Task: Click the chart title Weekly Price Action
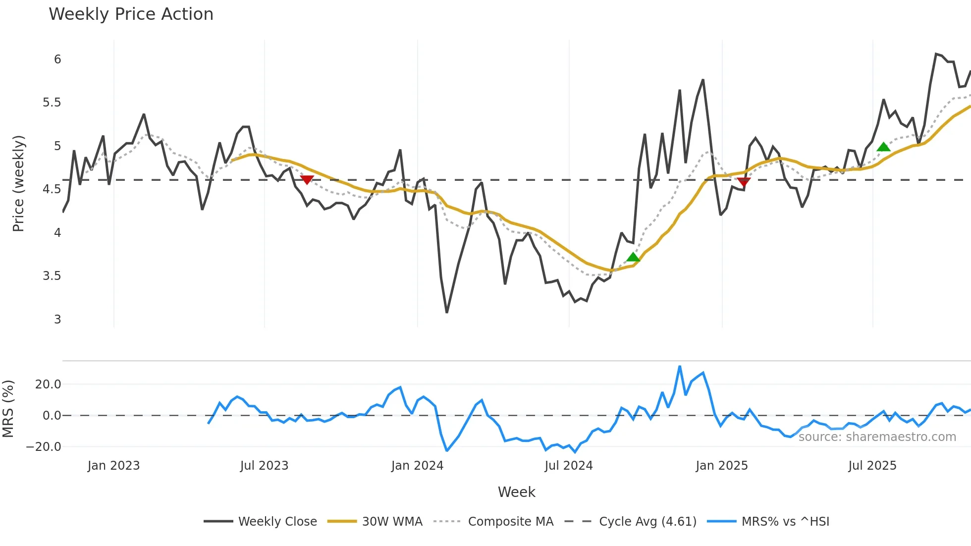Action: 131,14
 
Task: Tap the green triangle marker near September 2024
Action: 633,257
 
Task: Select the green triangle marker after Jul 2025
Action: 883,147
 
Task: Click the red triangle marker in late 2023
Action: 307,180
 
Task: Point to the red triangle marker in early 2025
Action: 744,182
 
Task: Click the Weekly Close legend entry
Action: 261,521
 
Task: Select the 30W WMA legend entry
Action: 375,521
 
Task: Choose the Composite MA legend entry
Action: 493,521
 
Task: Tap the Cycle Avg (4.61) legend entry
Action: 631,521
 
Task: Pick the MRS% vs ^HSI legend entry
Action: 768,521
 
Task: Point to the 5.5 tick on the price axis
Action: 52,103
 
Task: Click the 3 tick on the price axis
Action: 57,319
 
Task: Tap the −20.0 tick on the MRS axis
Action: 43,446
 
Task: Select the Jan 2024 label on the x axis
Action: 417,465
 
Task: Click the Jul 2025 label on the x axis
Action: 872,465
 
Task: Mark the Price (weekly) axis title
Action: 18,183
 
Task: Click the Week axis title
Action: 516,492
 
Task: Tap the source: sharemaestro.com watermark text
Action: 877,437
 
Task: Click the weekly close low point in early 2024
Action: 447,312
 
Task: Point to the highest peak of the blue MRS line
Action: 680,367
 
